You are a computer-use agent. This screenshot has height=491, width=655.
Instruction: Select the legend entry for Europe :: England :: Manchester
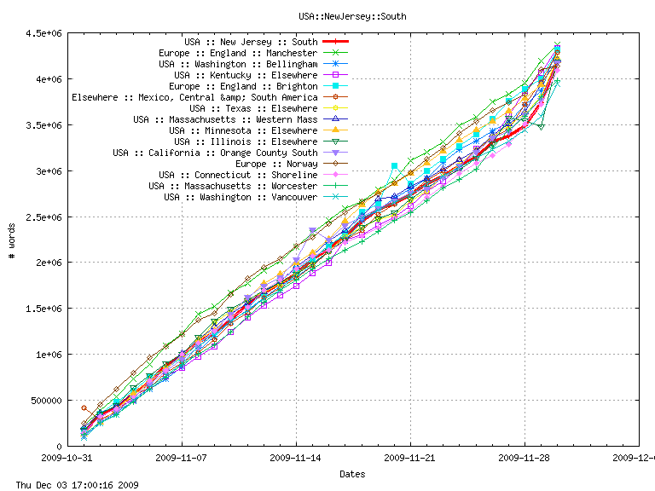pos(244,53)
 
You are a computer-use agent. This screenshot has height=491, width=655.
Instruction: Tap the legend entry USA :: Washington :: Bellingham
pos(238,64)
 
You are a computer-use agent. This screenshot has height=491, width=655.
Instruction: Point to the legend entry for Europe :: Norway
pos(276,164)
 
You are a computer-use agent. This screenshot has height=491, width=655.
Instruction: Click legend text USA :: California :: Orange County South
pos(215,153)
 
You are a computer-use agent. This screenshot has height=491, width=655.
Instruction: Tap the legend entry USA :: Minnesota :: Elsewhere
pos(243,130)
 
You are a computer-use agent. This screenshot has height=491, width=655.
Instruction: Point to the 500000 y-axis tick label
pos(46,401)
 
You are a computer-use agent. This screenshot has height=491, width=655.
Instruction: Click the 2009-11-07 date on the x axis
pos(182,458)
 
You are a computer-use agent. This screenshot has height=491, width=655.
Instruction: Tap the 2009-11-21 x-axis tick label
pos(410,458)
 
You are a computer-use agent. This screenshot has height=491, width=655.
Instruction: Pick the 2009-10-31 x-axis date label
pos(67,458)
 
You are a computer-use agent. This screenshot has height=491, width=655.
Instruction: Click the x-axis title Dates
pos(353,474)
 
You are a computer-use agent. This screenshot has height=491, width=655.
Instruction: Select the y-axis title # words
pos(11,240)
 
